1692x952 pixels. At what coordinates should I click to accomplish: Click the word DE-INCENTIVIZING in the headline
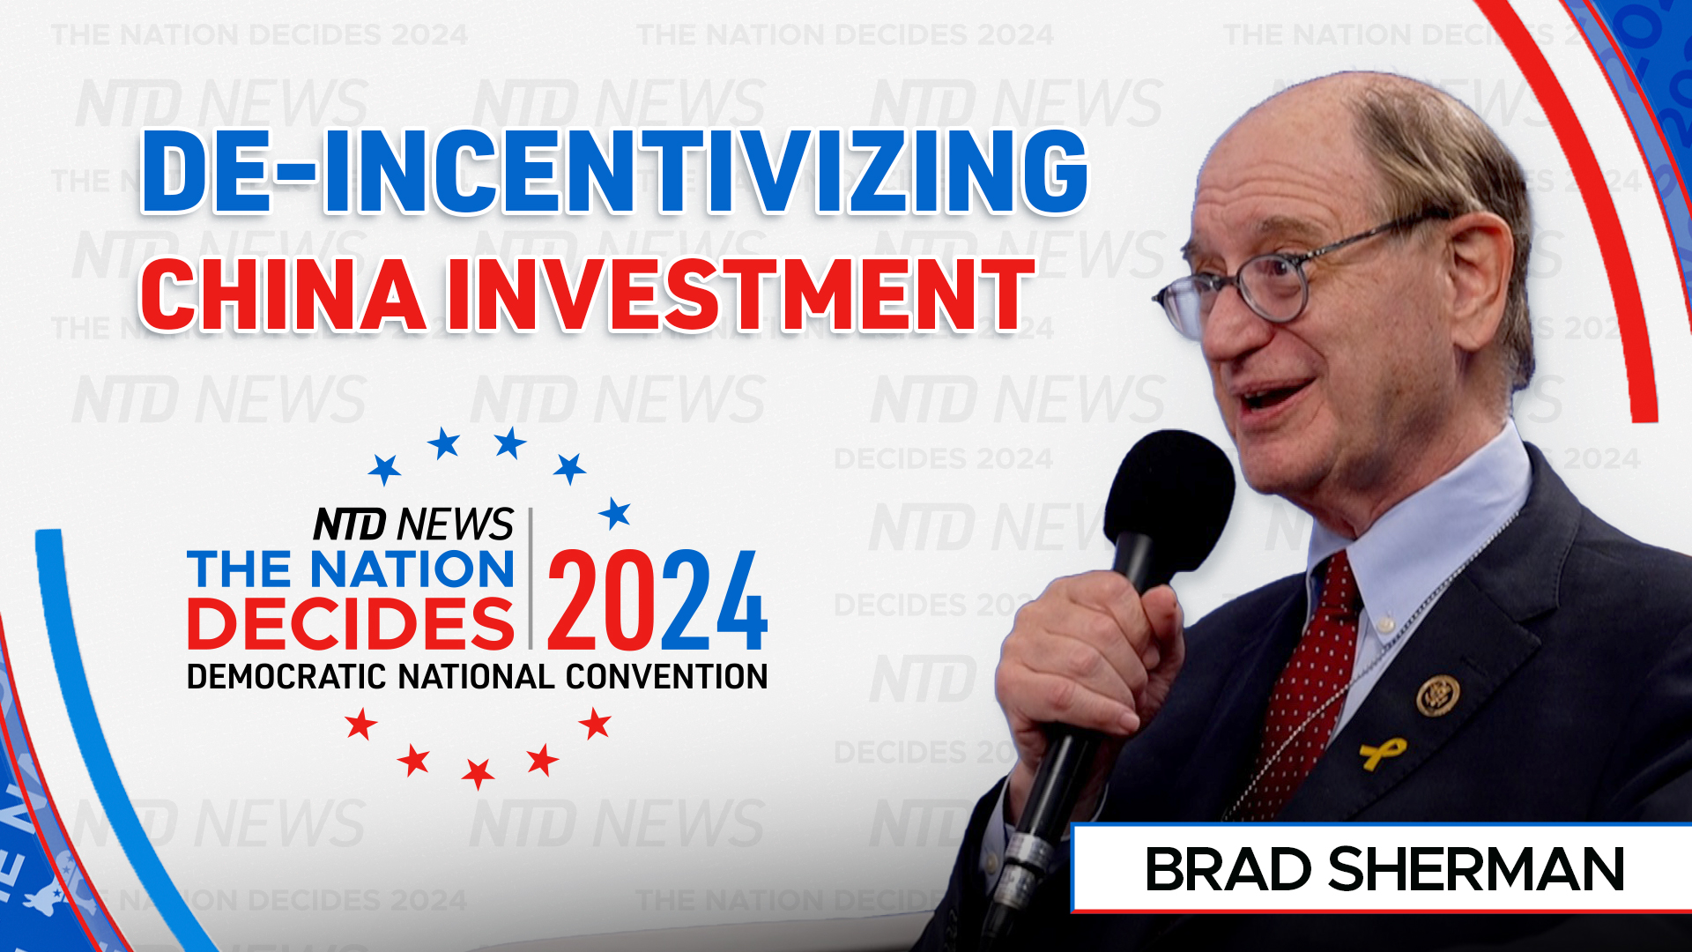614,172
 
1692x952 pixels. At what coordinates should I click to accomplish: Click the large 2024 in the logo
657,600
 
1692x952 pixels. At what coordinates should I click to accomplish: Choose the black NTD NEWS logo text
412,524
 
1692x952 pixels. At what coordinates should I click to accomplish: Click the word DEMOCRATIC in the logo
286,677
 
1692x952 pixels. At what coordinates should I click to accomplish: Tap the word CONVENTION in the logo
666,677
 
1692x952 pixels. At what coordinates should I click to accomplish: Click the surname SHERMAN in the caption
1476,870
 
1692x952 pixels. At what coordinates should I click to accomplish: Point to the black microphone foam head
1168,494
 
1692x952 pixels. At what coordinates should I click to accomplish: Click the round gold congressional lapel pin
1437,695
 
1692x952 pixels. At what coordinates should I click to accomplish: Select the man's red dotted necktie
1313,688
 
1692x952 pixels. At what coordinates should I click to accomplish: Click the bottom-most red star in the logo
478,773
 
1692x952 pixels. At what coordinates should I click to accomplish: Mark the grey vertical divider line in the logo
531,577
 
